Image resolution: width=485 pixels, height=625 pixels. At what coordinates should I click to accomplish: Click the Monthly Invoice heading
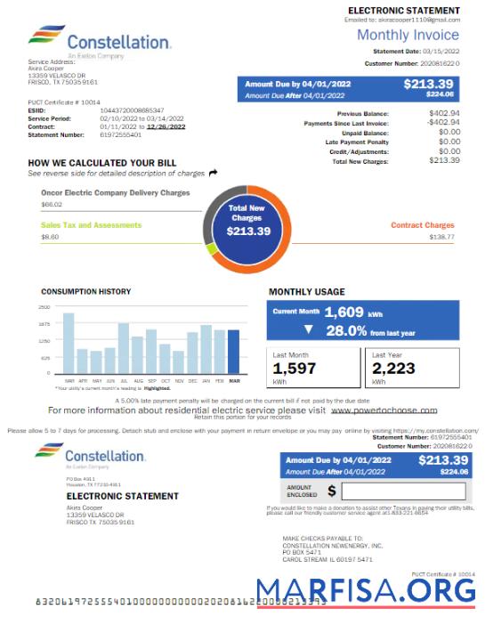point(408,36)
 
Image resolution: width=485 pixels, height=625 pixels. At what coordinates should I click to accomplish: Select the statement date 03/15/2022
point(442,53)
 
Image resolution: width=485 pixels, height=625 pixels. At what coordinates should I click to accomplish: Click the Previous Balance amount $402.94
point(444,114)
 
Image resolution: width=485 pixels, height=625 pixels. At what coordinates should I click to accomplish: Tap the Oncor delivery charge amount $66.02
point(52,205)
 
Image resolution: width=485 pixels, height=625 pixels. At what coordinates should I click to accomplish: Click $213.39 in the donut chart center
point(248,231)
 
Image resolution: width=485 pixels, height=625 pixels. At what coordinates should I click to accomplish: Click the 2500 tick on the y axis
point(44,307)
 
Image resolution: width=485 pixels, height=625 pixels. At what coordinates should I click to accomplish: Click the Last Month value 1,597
point(294,369)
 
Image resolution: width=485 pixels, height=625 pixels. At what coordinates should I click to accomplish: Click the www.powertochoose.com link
point(384,410)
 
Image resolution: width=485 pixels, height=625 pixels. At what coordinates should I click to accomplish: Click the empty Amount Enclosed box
point(401,491)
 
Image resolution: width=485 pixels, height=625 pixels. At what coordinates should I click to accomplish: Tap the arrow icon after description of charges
point(213,173)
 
